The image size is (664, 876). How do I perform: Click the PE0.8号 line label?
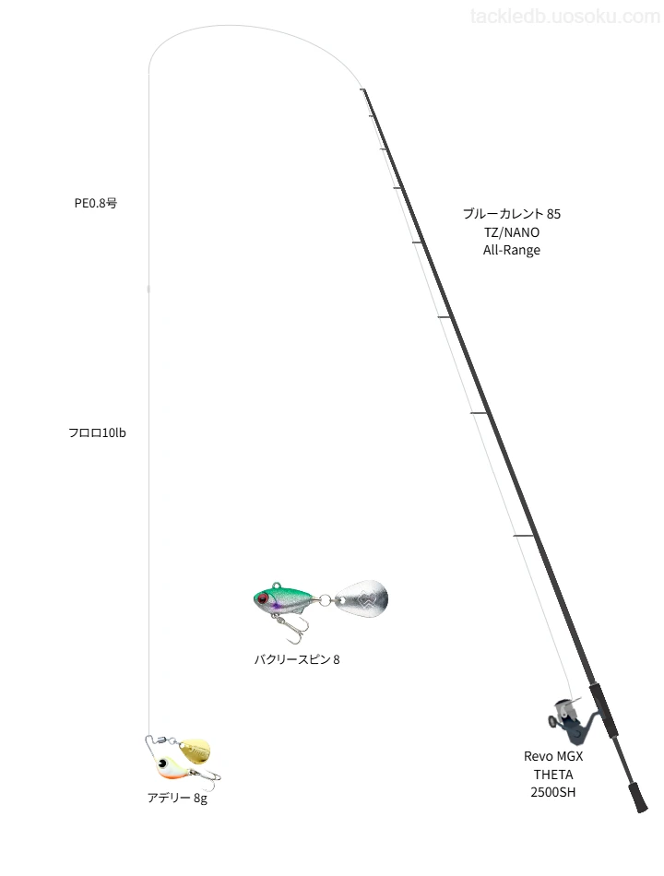(x=96, y=204)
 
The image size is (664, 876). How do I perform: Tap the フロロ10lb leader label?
(x=97, y=433)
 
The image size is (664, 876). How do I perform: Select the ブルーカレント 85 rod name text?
(x=512, y=214)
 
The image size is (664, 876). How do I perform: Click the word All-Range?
(x=512, y=250)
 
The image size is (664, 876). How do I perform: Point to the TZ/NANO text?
(x=512, y=232)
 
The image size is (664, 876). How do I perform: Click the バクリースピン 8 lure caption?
(x=297, y=660)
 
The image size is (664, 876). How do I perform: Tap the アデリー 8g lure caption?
(x=177, y=799)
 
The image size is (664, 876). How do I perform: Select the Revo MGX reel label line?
(x=553, y=756)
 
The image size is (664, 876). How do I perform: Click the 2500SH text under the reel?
(x=553, y=792)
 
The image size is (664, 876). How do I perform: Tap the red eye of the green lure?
(x=262, y=599)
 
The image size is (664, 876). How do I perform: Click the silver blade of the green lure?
(x=362, y=598)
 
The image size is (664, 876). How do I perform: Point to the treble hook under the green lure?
(x=292, y=629)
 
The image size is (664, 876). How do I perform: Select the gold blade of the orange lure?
(x=196, y=749)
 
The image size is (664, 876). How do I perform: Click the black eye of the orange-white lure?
(x=164, y=763)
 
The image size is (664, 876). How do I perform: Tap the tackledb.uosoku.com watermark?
(x=565, y=17)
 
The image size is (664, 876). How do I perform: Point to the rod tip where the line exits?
(x=363, y=89)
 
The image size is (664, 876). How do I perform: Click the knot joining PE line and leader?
(x=148, y=289)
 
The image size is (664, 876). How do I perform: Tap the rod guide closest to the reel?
(x=525, y=536)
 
